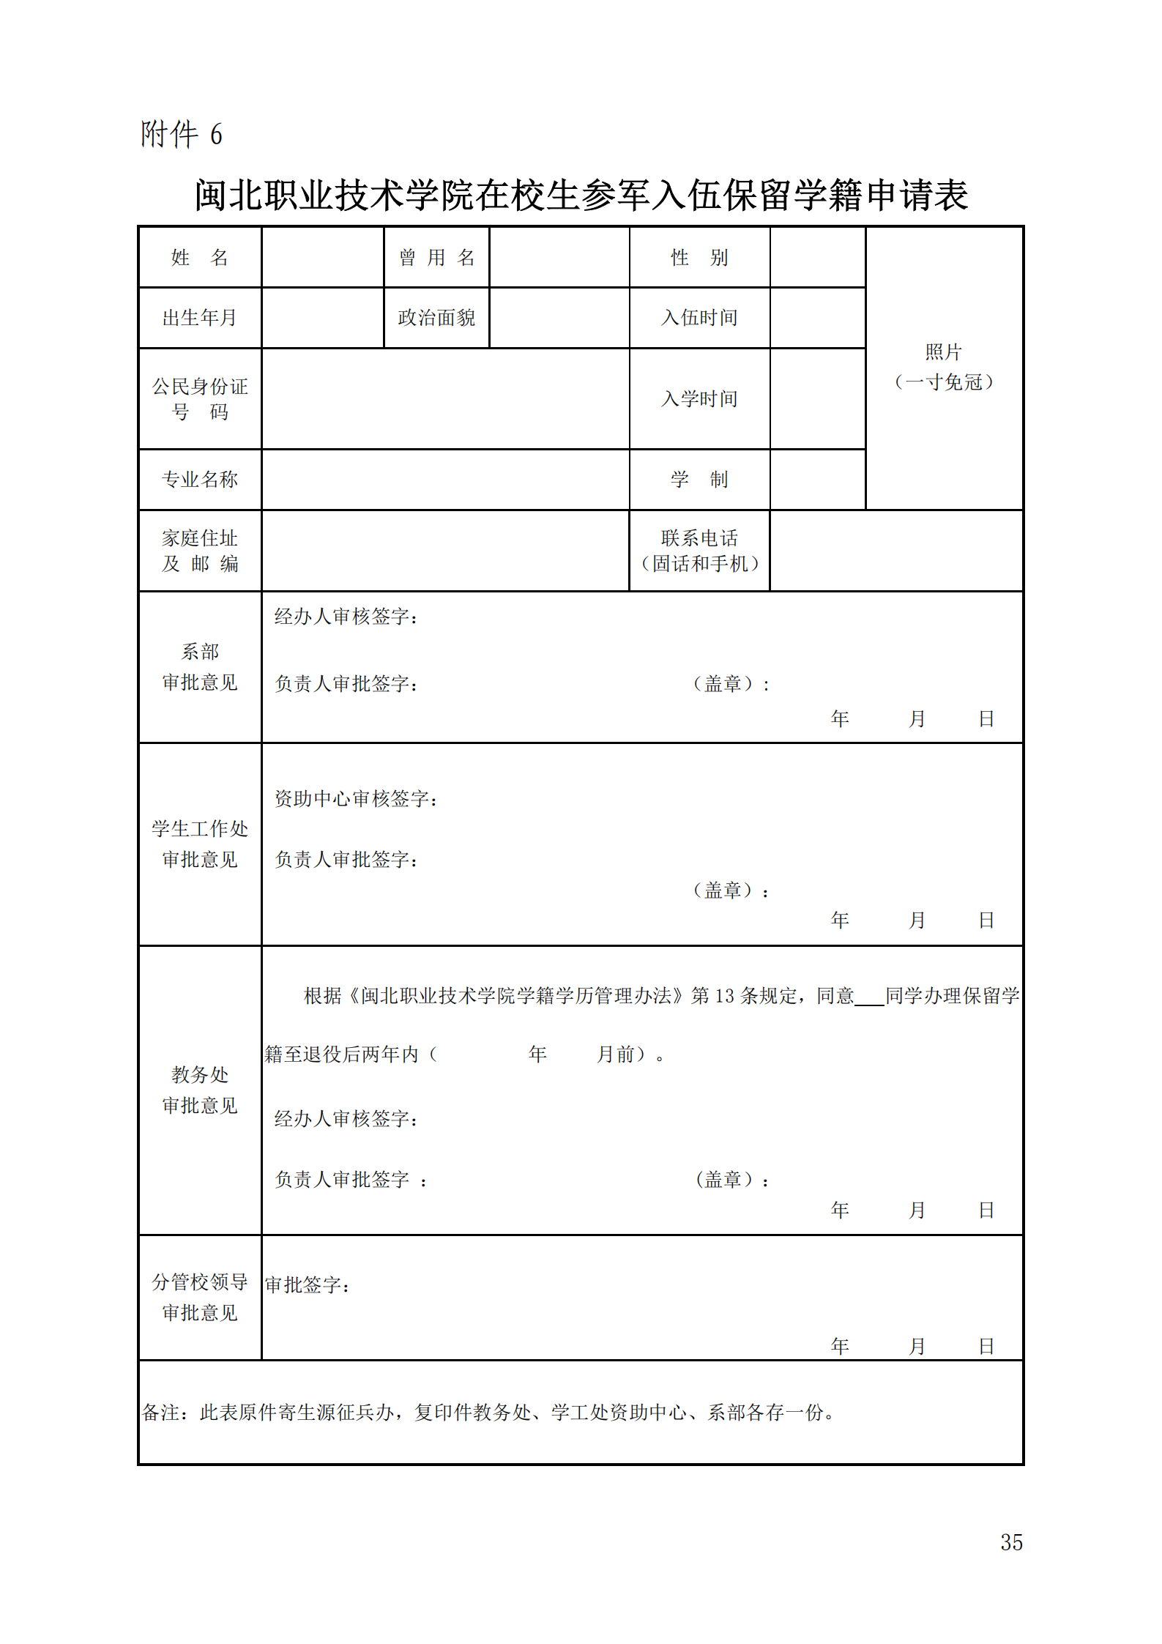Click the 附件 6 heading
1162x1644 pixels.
coord(181,135)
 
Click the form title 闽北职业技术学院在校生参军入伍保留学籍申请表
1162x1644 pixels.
coord(581,196)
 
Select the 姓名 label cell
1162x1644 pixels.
coord(199,258)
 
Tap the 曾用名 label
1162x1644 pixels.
coord(436,258)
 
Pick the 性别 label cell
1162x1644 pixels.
coord(699,258)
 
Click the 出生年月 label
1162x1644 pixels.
coord(199,318)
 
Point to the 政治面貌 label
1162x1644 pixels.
coord(436,318)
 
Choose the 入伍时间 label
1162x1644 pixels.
coord(699,318)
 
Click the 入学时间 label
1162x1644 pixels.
coord(699,399)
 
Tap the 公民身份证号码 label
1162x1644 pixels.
coord(199,399)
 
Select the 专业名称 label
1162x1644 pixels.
coord(199,480)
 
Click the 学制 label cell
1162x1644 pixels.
coord(699,480)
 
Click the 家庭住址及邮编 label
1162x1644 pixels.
coord(199,551)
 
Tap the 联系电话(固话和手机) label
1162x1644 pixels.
coord(699,551)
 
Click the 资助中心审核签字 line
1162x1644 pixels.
coord(356,799)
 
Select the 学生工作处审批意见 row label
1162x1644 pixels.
coord(199,844)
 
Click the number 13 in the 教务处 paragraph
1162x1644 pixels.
coord(724,996)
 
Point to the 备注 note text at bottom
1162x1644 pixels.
coord(488,1413)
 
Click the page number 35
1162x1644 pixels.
coord(1011,1542)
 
